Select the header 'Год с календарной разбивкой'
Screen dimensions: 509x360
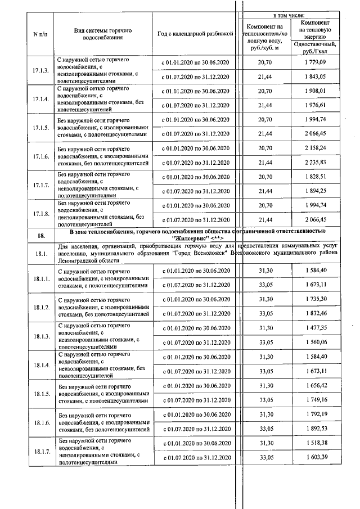click(x=195, y=34)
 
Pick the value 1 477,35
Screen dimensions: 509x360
click(x=315, y=328)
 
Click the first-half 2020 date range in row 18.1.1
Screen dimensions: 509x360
click(x=195, y=271)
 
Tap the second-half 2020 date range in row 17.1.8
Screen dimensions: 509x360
click(x=195, y=219)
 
